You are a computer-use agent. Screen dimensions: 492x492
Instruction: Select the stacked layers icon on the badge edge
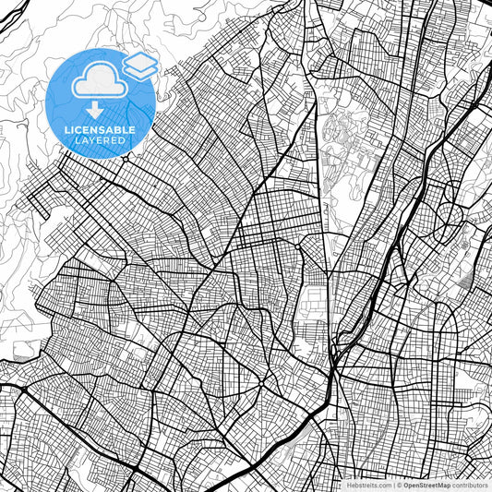140,65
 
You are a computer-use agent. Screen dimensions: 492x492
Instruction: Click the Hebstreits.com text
368,485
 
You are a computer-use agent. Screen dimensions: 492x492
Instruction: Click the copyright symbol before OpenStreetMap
399,485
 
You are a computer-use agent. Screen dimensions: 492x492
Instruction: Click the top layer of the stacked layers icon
140,59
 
